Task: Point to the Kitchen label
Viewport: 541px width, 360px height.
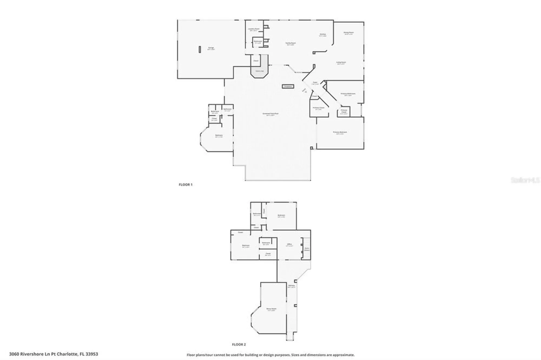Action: point(323,35)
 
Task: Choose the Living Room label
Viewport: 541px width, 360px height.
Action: point(341,63)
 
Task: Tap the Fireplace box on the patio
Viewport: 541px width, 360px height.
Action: point(288,86)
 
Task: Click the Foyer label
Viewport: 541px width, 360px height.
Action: point(315,83)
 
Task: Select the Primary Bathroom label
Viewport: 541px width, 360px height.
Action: point(348,94)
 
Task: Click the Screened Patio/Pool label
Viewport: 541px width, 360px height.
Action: point(270,114)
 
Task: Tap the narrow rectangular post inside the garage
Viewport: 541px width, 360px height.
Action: point(200,49)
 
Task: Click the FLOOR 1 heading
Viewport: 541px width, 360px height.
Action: point(186,185)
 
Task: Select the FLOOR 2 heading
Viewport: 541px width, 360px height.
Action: point(239,345)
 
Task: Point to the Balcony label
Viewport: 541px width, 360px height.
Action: point(291,286)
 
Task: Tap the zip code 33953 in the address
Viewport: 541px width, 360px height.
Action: point(92,354)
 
